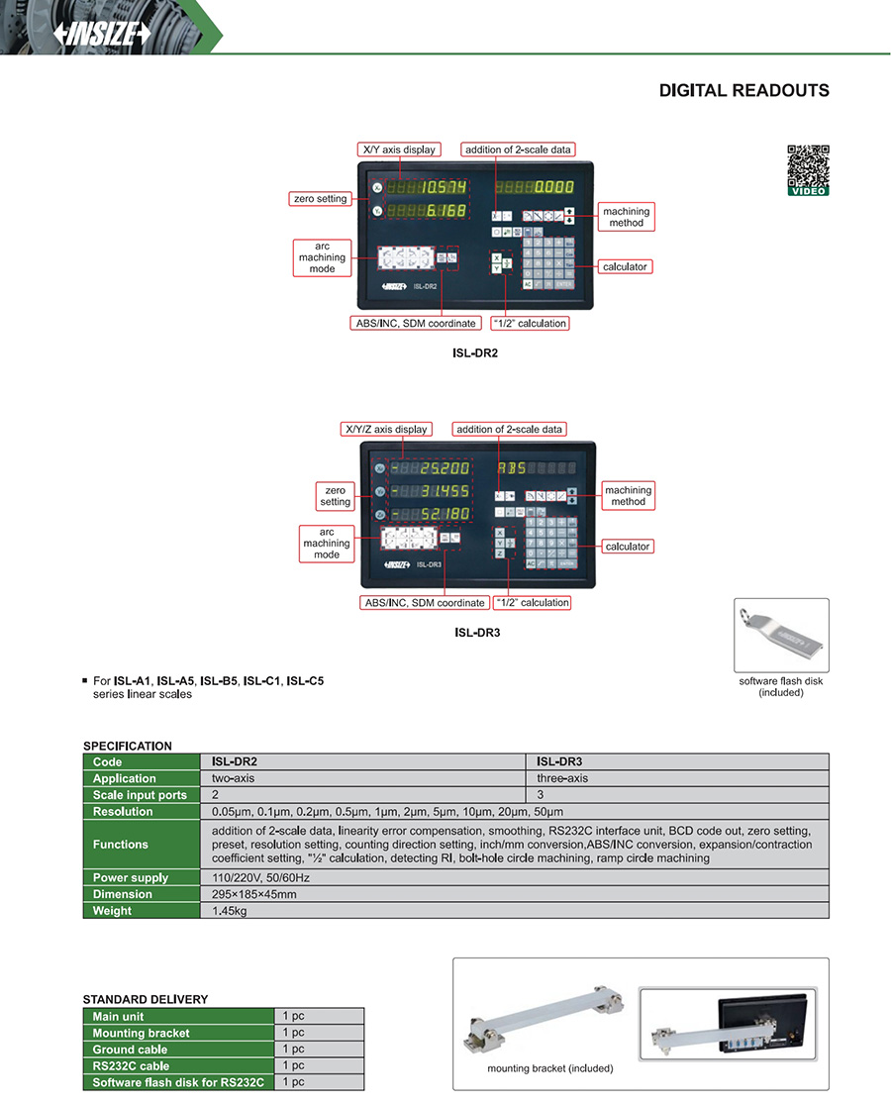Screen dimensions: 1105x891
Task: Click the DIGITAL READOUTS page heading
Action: [x=743, y=91]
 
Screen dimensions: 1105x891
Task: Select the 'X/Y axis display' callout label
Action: [x=397, y=150]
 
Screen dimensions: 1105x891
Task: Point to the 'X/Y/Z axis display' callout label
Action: [x=386, y=429]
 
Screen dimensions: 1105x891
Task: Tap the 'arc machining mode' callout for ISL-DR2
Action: [x=322, y=257]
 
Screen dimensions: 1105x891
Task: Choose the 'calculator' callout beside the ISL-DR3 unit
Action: [x=627, y=546]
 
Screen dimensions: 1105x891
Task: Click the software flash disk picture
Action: [x=780, y=635]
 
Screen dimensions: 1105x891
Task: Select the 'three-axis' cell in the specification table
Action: [x=562, y=778]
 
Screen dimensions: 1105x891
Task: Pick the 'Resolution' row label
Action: [x=123, y=812]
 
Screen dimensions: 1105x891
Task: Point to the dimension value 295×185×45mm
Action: [x=254, y=894]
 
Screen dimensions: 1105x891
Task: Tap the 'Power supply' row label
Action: [x=131, y=877]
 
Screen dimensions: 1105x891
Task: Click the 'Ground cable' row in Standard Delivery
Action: [x=130, y=1050]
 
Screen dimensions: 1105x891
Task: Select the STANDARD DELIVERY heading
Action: [x=145, y=999]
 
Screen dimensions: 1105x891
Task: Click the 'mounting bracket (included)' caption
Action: [x=549, y=1068]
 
